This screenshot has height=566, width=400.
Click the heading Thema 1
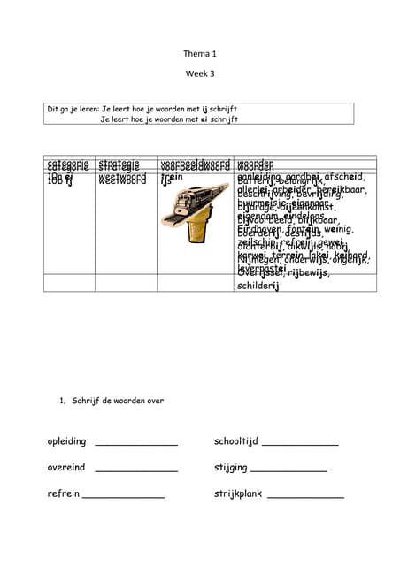(x=199, y=54)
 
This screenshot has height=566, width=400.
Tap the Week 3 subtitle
(x=199, y=74)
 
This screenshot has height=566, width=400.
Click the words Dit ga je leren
(x=73, y=109)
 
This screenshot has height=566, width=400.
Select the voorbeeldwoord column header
(x=195, y=164)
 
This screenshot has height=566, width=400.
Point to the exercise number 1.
(x=62, y=401)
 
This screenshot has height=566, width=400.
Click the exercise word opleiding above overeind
(x=67, y=441)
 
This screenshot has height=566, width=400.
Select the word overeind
(x=66, y=468)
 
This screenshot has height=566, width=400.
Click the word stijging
(x=230, y=468)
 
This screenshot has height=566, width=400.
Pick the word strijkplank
(x=238, y=494)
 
